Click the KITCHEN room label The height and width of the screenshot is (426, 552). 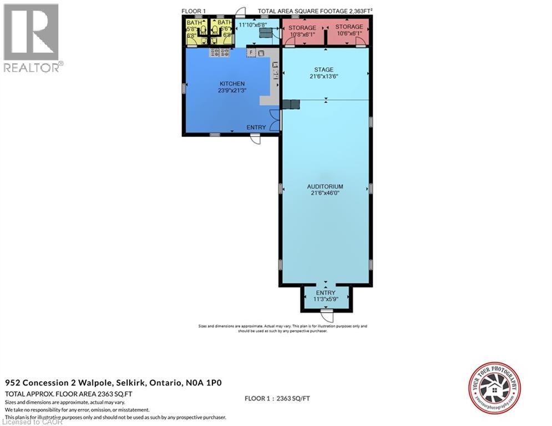(x=231, y=84)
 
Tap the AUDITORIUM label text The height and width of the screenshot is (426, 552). (x=325, y=187)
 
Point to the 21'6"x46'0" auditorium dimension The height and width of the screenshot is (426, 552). (x=325, y=194)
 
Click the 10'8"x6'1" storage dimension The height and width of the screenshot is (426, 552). (x=303, y=34)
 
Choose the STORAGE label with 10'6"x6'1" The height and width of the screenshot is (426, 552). (x=349, y=27)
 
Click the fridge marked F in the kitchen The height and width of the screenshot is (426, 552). (x=251, y=53)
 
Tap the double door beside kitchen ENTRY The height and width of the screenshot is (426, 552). (x=275, y=119)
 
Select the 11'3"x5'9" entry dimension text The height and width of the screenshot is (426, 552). (x=326, y=300)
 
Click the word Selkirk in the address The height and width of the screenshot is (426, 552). (x=133, y=383)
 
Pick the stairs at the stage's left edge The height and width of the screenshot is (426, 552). (x=291, y=104)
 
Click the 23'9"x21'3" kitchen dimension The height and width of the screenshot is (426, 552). (x=231, y=90)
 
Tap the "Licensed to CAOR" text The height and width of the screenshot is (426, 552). (x=26, y=422)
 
